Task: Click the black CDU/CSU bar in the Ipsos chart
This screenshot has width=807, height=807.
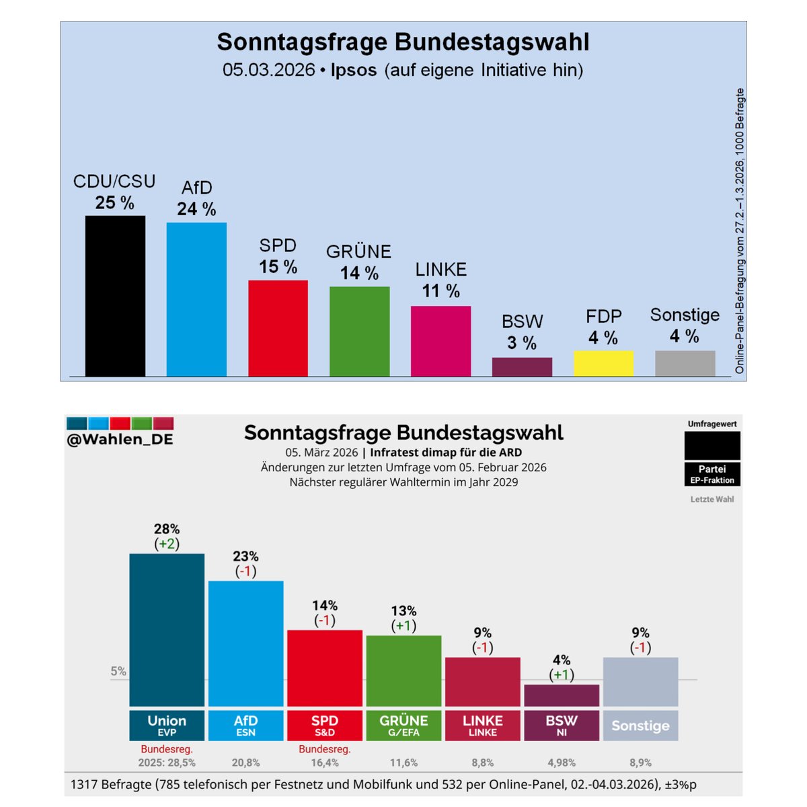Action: [115, 296]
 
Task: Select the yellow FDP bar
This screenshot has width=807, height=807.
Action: [603, 363]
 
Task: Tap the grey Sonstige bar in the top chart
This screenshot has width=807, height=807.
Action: [685, 363]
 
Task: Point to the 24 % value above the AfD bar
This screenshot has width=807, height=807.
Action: [196, 209]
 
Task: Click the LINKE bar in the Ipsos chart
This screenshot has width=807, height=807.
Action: [440, 341]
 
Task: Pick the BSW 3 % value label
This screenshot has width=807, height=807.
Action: [522, 343]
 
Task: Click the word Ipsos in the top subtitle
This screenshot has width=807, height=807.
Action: [354, 70]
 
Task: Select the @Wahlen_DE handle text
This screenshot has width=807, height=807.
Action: [120, 439]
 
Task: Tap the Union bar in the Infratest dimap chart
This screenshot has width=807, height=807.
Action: [167, 629]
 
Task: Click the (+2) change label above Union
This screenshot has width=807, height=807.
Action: [167, 544]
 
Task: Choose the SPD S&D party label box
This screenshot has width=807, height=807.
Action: [325, 725]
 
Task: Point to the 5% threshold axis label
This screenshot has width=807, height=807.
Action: [118, 670]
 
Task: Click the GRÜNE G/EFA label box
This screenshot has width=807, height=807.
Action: [403, 725]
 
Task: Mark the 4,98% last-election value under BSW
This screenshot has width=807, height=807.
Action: [562, 763]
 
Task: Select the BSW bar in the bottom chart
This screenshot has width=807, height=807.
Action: [562, 695]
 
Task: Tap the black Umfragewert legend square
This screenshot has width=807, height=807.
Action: [712, 445]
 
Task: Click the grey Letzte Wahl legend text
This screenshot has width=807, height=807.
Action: [712, 499]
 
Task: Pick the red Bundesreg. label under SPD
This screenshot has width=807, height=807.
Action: [325, 749]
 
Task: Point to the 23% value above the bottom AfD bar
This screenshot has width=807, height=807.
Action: [245, 556]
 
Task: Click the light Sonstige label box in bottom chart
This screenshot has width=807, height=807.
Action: [640, 725]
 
